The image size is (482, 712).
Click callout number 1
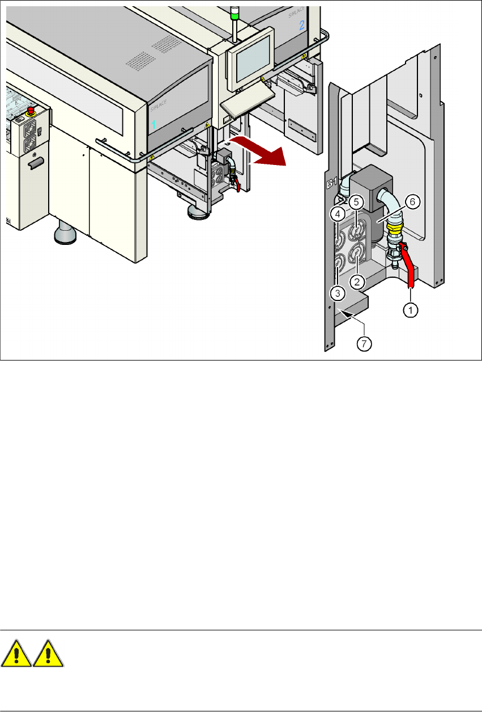tap(411, 310)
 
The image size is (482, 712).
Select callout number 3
tap(337, 293)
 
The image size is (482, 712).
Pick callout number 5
tap(356, 201)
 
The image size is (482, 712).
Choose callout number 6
tap(412, 201)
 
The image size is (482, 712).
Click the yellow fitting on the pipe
tap(393, 230)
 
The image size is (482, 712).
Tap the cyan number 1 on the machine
tap(153, 123)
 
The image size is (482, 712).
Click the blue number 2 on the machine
tap(301, 25)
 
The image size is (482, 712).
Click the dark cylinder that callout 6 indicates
tap(373, 227)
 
